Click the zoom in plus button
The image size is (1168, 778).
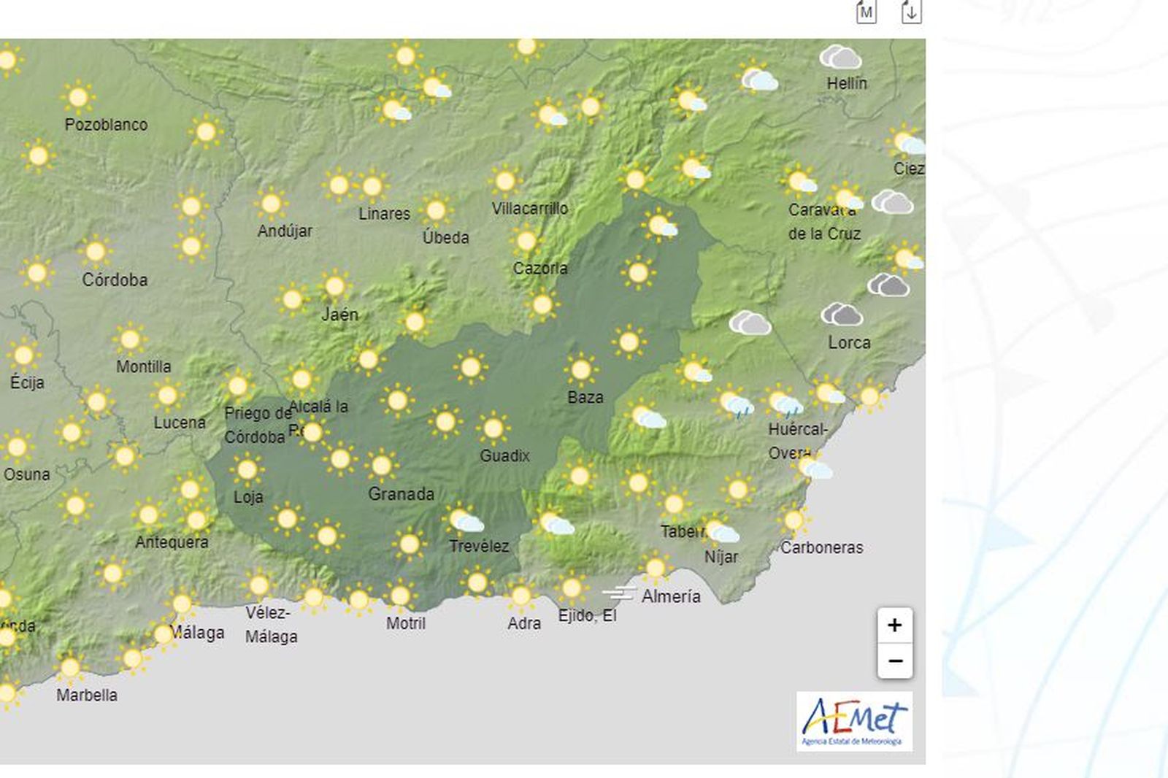pyautogui.click(x=894, y=625)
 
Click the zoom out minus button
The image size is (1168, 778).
pyautogui.click(x=894, y=661)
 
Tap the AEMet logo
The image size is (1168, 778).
pyautogui.click(x=854, y=722)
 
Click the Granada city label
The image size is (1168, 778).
pyautogui.click(x=401, y=494)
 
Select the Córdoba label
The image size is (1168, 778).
pyautogui.click(x=115, y=280)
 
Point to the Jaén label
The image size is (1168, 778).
pyautogui.click(x=340, y=315)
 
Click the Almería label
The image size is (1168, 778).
pyautogui.click(x=671, y=596)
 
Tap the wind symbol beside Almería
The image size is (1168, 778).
pyautogui.click(x=619, y=593)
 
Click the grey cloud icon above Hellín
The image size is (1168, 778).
pyautogui.click(x=840, y=57)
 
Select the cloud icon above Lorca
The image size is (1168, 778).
pyautogui.click(x=842, y=315)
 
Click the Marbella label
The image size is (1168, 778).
pyautogui.click(x=87, y=695)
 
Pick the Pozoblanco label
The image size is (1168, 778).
pyautogui.click(x=106, y=125)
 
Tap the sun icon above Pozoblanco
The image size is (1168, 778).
pyautogui.click(x=78, y=96)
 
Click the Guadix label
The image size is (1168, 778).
pyautogui.click(x=504, y=456)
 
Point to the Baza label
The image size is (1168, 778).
pyautogui.click(x=585, y=398)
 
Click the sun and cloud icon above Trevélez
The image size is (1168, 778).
pyautogui.click(x=465, y=520)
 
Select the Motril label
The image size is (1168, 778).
pyautogui.click(x=406, y=623)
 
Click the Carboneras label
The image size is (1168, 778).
pyautogui.click(x=821, y=547)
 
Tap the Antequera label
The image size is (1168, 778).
pyautogui.click(x=172, y=542)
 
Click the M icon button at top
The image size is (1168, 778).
pyautogui.click(x=866, y=12)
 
